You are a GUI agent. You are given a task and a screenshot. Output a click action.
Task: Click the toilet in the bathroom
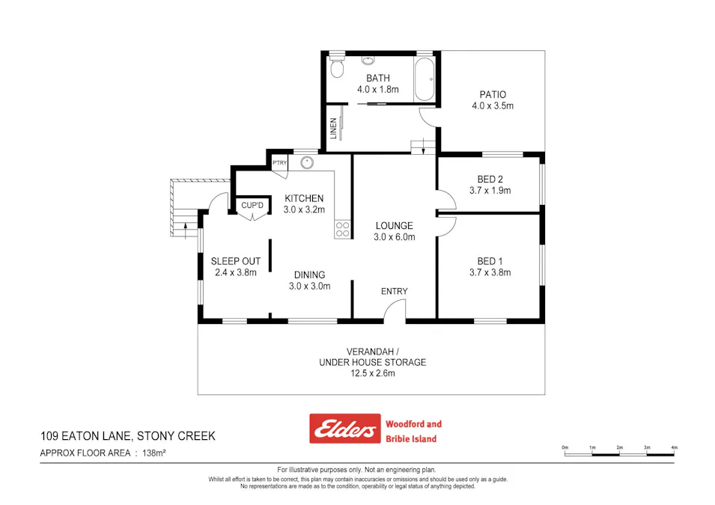pos(337,69)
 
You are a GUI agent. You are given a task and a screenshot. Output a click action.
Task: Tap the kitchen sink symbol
pos(306,162)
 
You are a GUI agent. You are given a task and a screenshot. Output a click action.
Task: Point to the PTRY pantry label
pos(279,163)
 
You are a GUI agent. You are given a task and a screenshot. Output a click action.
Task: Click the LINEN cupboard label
pos(333,128)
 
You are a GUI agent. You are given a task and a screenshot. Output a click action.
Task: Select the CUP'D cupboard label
pos(252,205)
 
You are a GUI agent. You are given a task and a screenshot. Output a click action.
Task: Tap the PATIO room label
pos(493,95)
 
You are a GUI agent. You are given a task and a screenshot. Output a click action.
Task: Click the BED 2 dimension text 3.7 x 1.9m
pos(493,190)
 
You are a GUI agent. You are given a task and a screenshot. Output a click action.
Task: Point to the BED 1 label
pos(490,261)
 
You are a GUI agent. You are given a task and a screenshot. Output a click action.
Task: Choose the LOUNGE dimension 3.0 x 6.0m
pos(395,237)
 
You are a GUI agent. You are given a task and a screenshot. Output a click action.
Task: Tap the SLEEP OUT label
pos(236,261)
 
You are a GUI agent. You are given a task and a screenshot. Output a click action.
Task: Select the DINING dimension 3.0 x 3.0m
pos(309,286)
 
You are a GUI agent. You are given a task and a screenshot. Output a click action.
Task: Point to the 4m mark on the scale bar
pos(674,447)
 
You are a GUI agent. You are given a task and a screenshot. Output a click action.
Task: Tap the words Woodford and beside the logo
pos(413,424)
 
